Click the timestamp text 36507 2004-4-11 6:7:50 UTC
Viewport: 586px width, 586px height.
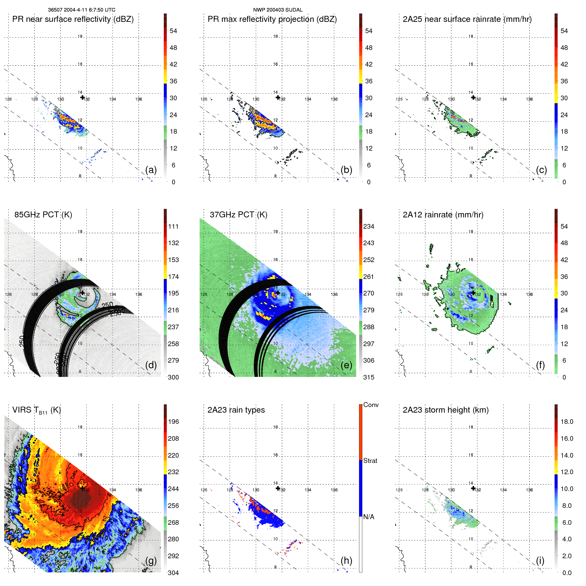[x=81, y=10]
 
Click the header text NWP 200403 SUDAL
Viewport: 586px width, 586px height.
[x=278, y=10]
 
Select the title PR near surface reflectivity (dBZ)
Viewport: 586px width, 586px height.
[x=73, y=19]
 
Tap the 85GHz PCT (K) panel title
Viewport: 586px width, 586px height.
[x=43, y=215]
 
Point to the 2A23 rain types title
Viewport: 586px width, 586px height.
[x=236, y=410]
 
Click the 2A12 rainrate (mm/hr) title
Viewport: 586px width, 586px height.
[x=443, y=215]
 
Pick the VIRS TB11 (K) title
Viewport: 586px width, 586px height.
[x=36, y=410]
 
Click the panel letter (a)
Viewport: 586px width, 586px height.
[x=151, y=170]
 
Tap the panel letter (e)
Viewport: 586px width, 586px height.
[x=346, y=365]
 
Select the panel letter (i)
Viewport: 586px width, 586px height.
[x=540, y=561]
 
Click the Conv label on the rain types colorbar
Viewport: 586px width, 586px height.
[x=371, y=405]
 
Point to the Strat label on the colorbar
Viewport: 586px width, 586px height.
[x=370, y=461]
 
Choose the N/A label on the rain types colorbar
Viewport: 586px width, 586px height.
[x=369, y=517]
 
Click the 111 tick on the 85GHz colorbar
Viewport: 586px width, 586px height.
[x=173, y=226]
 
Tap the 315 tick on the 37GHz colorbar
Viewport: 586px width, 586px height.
[x=369, y=377]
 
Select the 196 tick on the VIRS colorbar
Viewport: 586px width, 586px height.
[x=173, y=422]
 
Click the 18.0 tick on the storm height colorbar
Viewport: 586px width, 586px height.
[x=567, y=422]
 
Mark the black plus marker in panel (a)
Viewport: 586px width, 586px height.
[x=82, y=97]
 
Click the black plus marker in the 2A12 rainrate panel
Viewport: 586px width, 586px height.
[x=473, y=293]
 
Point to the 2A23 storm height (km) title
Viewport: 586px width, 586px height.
[x=446, y=410]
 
